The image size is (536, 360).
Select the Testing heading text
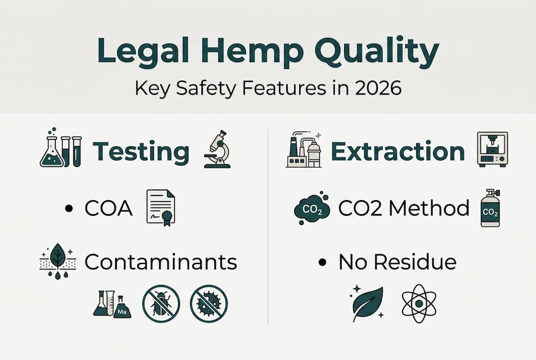[x=141, y=152]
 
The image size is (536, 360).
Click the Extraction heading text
[x=398, y=151]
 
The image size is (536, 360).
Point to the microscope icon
[x=217, y=149]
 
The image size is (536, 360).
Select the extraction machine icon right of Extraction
[x=492, y=148]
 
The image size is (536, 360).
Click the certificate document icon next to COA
[x=160, y=208]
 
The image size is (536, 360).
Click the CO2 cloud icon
[x=312, y=208]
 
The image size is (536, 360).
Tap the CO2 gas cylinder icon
[x=490, y=208]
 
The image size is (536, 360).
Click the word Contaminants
[x=160, y=262]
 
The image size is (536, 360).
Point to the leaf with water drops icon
[x=57, y=261]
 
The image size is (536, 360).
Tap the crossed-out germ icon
[x=209, y=303]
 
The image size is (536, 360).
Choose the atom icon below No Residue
[x=419, y=303]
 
